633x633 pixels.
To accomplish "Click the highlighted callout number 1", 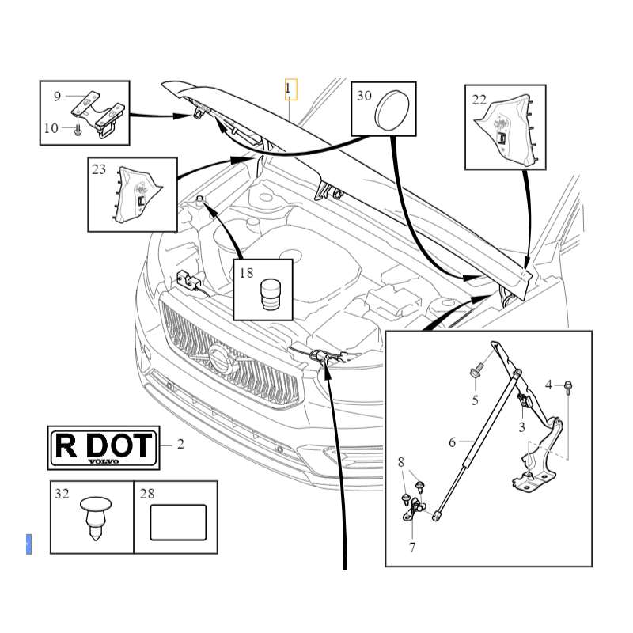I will [290, 89].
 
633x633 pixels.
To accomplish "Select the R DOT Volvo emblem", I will [104, 448].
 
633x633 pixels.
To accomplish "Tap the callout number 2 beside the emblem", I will [180, 445].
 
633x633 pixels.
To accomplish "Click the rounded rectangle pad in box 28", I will [178, 523].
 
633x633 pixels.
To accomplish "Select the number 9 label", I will [57, 97].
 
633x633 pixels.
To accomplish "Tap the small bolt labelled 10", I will [78, 130].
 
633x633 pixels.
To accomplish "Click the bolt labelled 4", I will [568, 387].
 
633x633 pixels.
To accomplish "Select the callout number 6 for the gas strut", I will [453, 442].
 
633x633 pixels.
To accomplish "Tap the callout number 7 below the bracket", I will [411, 548].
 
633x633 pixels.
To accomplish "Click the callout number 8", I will [401, 462].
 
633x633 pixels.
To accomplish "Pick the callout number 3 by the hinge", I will [521, 427].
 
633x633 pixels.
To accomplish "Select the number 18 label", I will [246, 273].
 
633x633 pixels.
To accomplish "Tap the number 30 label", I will [364, 96].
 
